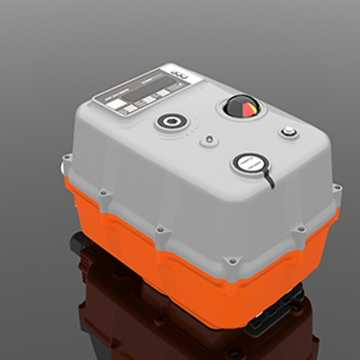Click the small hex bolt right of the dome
(x=289, y=131)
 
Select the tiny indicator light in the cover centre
(x=207, y=142)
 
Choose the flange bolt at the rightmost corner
(x=337, y=189)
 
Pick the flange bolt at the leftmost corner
(x=65, y=166)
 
